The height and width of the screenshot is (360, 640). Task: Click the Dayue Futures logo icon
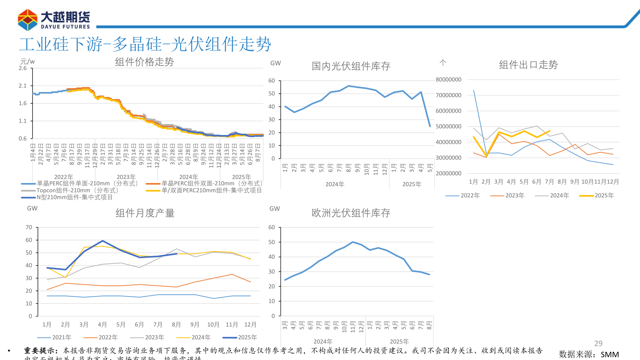click(x=28, y=20)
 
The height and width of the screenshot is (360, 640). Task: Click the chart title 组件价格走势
click(x=144, y=62)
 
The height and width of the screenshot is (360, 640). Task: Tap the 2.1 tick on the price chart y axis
click(x=23, y=86)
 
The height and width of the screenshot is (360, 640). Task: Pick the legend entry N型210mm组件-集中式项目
click(x=74, y=197)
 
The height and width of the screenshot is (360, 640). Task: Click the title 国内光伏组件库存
click(x=351, y=66)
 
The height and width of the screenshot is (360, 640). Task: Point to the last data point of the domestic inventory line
click(x=430, y=126)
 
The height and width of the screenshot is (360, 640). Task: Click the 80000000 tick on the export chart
click(x=448, y=80)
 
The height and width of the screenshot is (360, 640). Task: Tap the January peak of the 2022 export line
click(x=474, y=90)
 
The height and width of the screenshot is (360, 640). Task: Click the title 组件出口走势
click(x=528, y=65)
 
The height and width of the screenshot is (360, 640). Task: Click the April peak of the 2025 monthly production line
click(x=103, y=241)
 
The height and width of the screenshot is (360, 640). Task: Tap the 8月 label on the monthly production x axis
click(x=176, y=325)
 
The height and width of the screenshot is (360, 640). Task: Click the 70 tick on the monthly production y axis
click(x=29, y=227)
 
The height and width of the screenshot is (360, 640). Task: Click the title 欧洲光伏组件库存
click(x=351, y=213)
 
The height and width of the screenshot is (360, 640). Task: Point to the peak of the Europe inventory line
click(x=353, y=242)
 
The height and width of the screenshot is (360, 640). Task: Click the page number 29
click(x=598, y=343)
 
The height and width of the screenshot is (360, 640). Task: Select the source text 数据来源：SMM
click(x=589, y=354)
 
